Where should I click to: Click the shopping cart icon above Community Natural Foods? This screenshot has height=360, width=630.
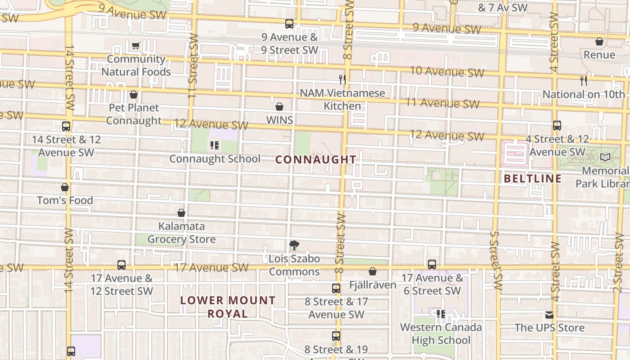click(135, 45)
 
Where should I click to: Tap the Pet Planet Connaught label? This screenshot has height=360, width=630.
click(134, 114)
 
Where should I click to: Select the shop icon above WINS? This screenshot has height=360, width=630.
click(279, 107)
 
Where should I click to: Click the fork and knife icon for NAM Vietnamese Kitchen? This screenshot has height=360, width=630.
click(343, 80)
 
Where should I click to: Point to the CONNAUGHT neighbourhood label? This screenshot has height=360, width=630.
click(315, 160)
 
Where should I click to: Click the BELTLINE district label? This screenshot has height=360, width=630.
click(532, 179)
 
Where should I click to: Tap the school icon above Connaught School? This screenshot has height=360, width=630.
click(215, 145)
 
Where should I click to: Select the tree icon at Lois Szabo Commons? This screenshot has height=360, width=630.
click(294, 245)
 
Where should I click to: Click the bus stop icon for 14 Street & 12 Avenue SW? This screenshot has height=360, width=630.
click(66, 126)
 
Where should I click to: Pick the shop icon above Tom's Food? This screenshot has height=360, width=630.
click(65, 187)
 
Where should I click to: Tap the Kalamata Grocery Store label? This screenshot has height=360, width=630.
click(181, 233)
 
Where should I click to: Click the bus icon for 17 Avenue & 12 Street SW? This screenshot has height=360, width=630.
click(121, 265)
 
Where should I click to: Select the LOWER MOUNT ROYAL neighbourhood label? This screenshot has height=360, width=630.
click(228, 307)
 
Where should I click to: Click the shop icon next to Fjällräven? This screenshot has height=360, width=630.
click(373, 271)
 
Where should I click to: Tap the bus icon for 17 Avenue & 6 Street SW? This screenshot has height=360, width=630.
click(432, 264)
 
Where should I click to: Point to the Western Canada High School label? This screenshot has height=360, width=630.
click(441, 333)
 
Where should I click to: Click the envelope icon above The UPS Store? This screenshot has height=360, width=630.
click(549, 315)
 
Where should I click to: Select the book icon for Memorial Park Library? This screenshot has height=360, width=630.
click(605, 157)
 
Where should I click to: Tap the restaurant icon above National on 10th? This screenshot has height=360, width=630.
click(584, 81)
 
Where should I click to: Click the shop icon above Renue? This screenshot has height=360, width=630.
click(599, 42)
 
